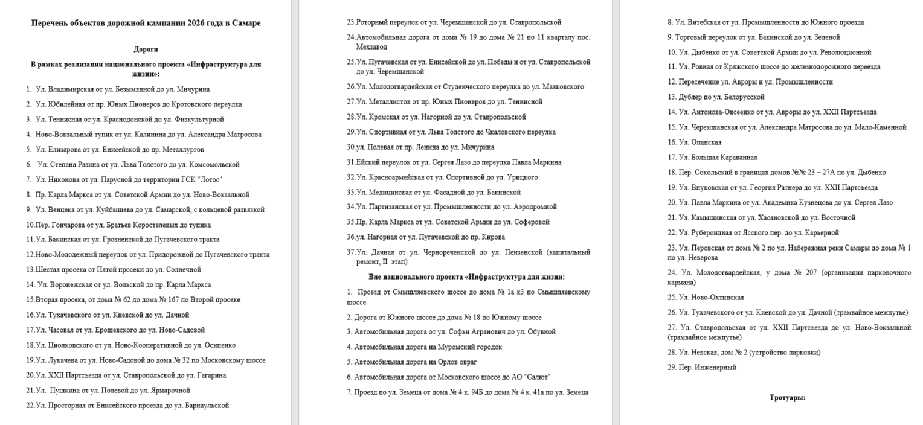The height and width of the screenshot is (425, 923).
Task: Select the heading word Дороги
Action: (146, 49)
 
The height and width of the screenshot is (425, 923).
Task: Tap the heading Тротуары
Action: (787, 398)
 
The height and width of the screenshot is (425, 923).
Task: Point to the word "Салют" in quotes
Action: (538, 377)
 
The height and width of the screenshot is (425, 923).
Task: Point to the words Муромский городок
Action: (468, 347)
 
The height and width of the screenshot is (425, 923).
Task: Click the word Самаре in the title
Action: (248, 24)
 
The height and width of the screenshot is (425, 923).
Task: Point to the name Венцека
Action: (60, 210)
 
